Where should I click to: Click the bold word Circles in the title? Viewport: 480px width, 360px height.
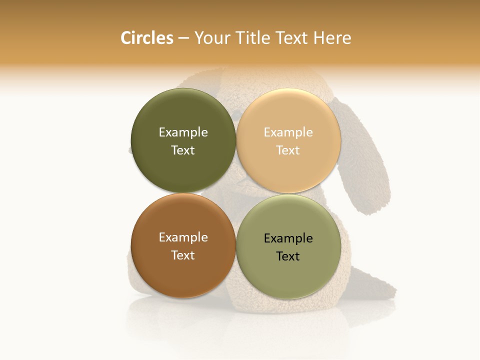[147, 38]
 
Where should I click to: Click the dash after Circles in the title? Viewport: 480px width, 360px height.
[183, 38]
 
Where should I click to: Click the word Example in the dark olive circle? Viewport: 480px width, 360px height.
[183, 132]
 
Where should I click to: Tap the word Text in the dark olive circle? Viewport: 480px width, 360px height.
[183, 150]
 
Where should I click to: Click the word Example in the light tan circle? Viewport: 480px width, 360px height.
[288, 132]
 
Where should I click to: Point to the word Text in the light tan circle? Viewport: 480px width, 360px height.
[288, 150]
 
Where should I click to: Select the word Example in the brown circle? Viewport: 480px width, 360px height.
[183, 237]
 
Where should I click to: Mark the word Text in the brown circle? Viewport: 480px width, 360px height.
[183, 255]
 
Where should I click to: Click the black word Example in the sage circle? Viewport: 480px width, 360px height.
[288, 238]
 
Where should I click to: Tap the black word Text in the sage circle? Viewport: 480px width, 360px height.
[288, 256]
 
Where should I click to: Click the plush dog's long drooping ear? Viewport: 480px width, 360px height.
[362, 160]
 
